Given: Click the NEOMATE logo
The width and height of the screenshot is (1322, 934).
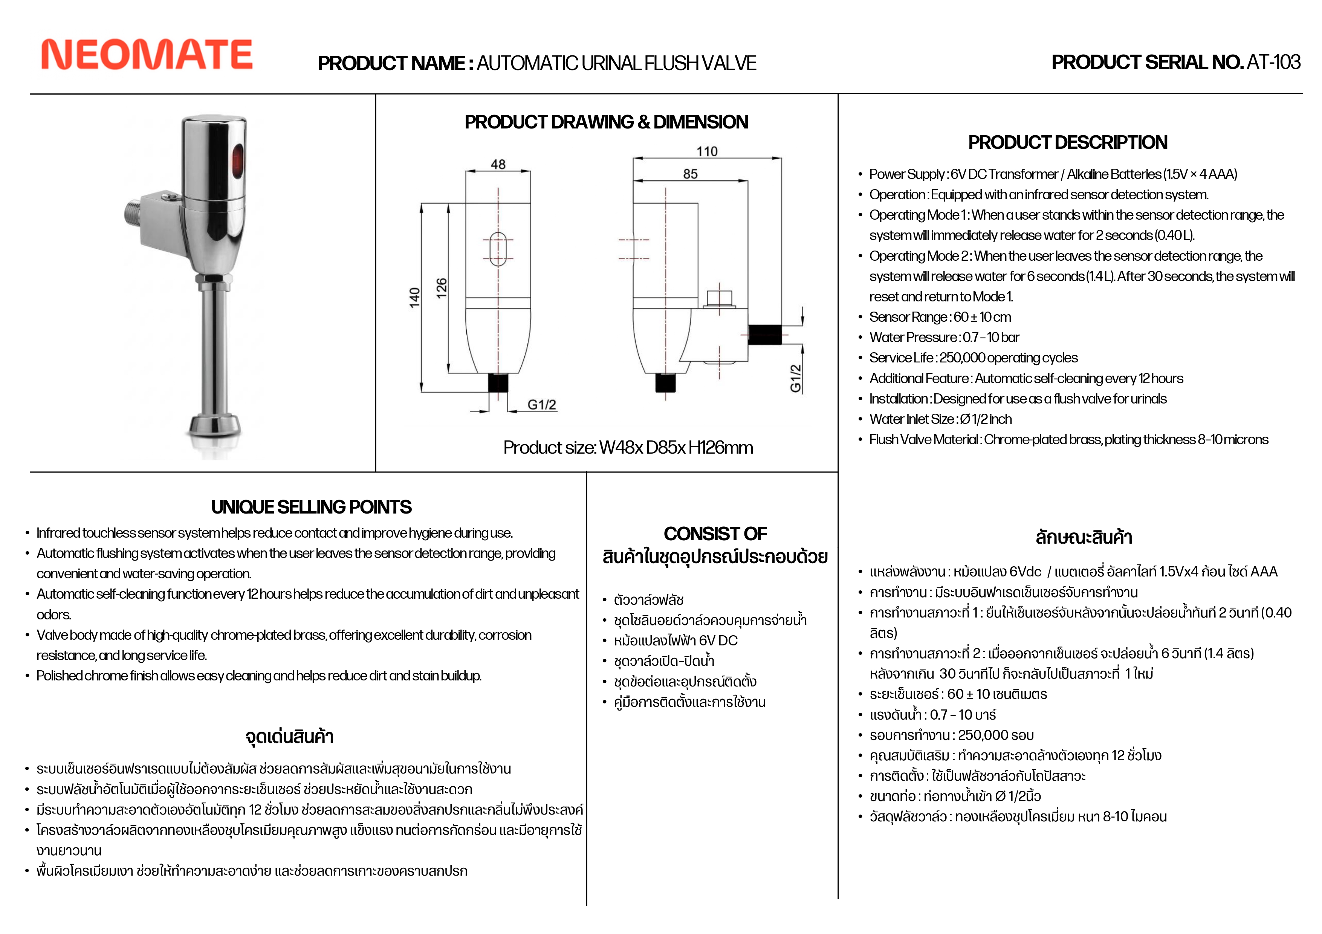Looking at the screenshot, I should (147, 55).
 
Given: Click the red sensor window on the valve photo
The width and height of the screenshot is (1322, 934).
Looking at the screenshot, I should (237, 161).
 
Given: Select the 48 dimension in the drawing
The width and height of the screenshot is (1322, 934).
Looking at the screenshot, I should (498, 164).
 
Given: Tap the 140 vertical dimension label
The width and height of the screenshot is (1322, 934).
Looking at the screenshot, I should (414, 298).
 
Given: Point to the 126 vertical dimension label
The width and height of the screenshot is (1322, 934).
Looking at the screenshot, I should (442, 288).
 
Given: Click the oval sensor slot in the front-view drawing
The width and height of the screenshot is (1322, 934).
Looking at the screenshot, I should (498, 249).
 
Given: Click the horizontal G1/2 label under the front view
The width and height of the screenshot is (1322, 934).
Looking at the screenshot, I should (542, 404).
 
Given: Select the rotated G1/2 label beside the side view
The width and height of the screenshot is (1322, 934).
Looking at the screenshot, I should (796, 378).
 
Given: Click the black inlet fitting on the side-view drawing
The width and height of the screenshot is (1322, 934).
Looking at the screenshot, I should (765, 335).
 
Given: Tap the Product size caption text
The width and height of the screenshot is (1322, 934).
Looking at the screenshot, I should (628, 448).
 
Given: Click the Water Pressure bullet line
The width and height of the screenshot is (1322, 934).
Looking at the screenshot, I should (944, 338).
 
